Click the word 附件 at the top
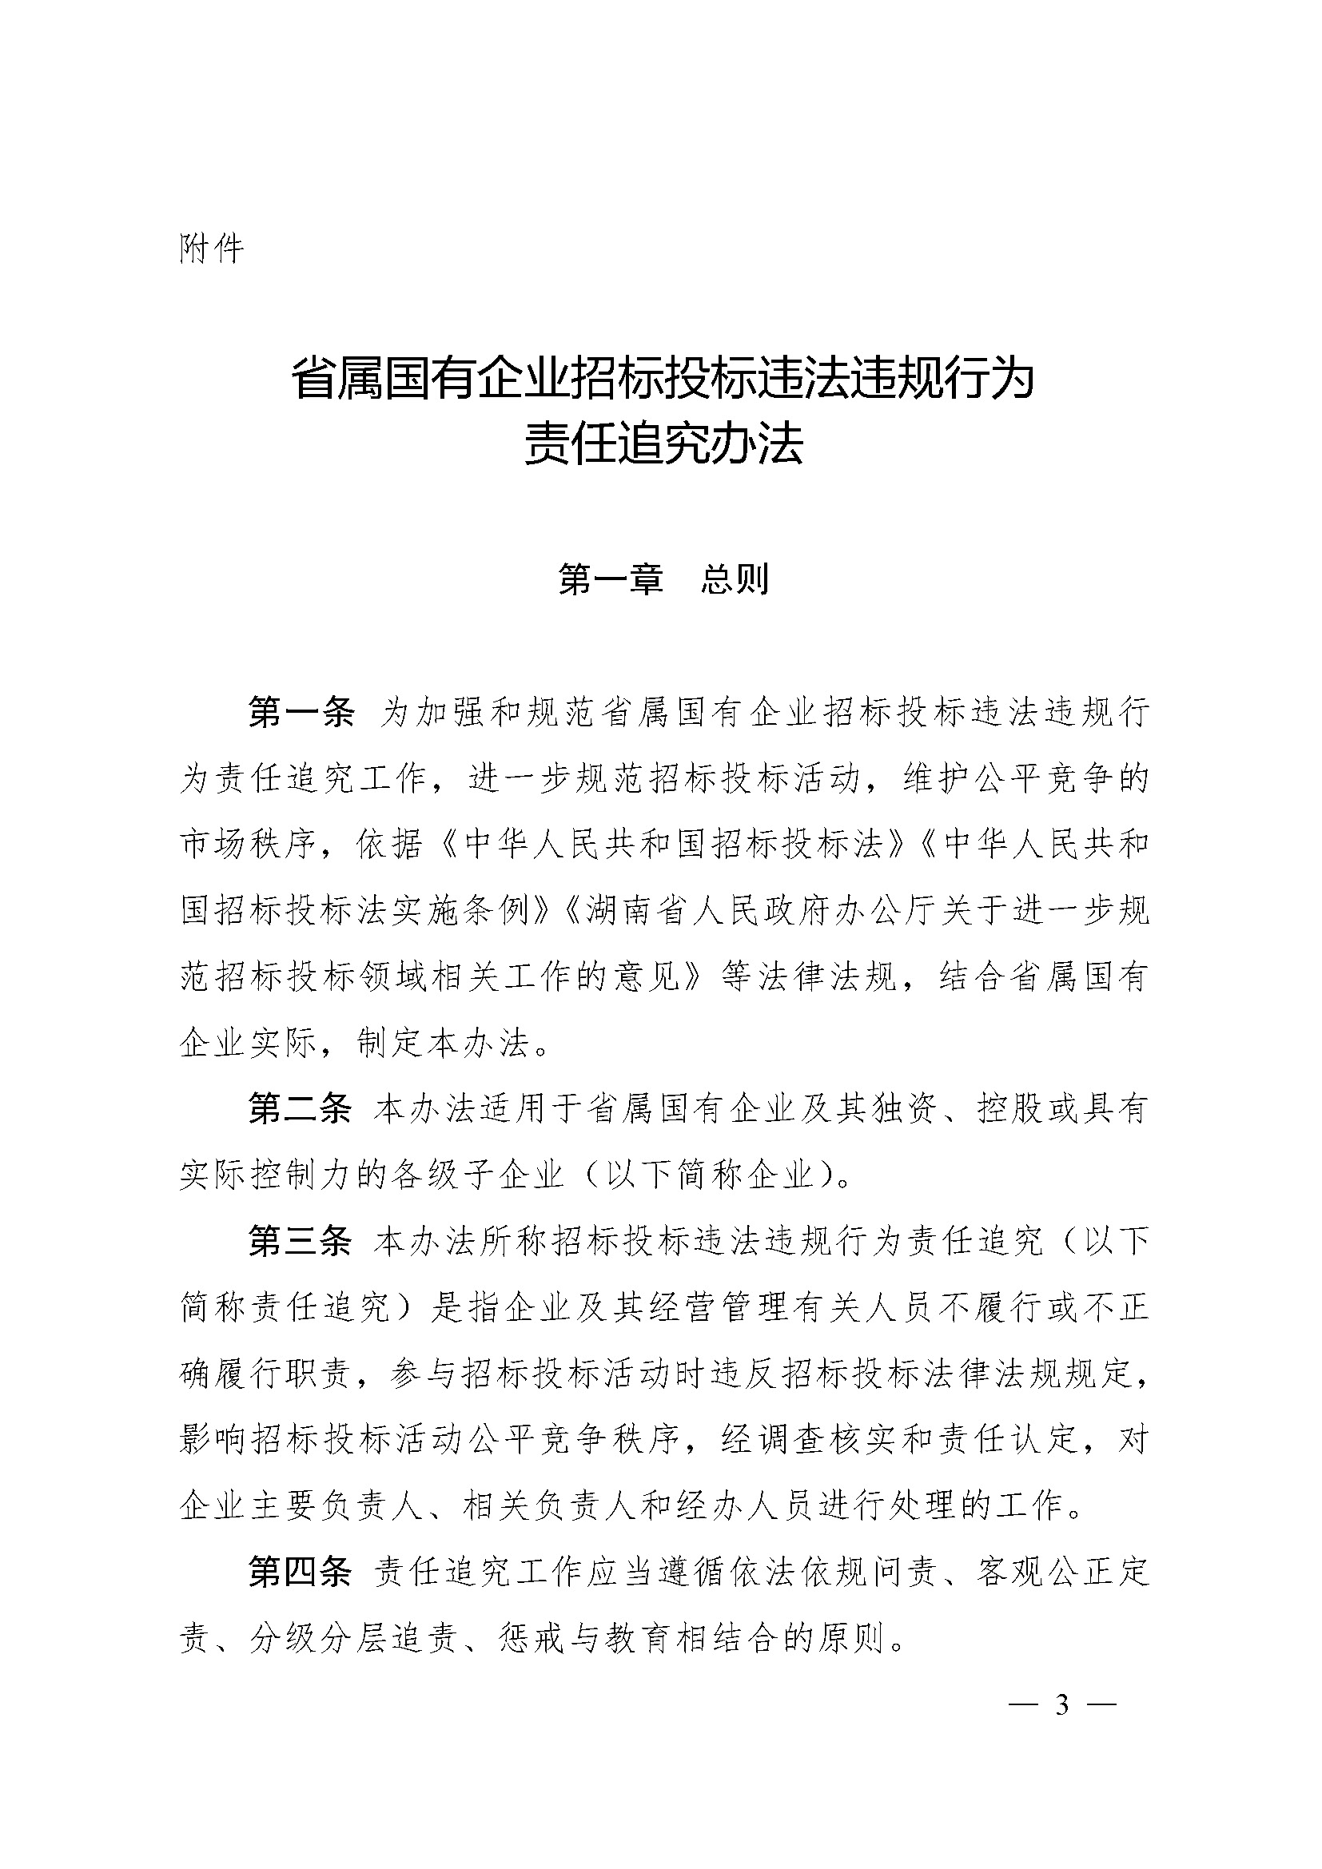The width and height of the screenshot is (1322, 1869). (x=211, y=249)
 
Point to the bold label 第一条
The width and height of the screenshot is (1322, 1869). (x=301, y=712)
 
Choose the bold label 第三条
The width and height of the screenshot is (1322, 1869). (x=301, y=1241)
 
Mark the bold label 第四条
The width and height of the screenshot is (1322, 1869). (x=301, y=1572)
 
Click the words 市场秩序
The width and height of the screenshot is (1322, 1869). (x=248, y=845)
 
